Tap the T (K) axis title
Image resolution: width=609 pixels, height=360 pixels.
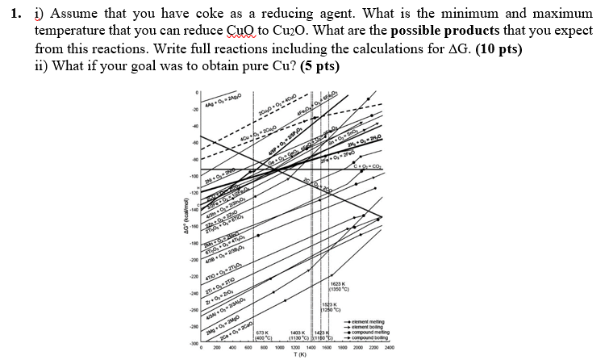(x=299, y=355)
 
